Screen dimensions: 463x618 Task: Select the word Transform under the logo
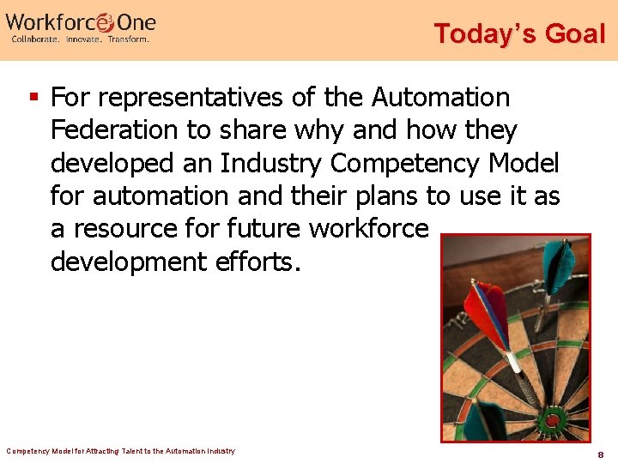129,39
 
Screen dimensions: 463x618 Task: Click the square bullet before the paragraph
34,97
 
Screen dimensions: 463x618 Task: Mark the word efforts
257,261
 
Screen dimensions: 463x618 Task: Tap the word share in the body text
262,130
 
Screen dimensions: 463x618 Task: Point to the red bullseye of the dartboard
550,420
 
